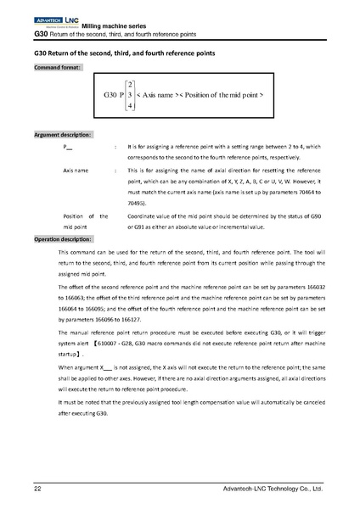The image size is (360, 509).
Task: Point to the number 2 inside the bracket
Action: (129, 84)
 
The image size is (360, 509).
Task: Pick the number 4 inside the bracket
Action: (129, 106)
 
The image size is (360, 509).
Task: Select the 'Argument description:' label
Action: (64, 135)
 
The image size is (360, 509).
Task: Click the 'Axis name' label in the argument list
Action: (76, 170)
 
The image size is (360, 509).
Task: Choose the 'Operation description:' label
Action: (65, 239)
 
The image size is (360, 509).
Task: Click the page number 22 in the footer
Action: (37, 489)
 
